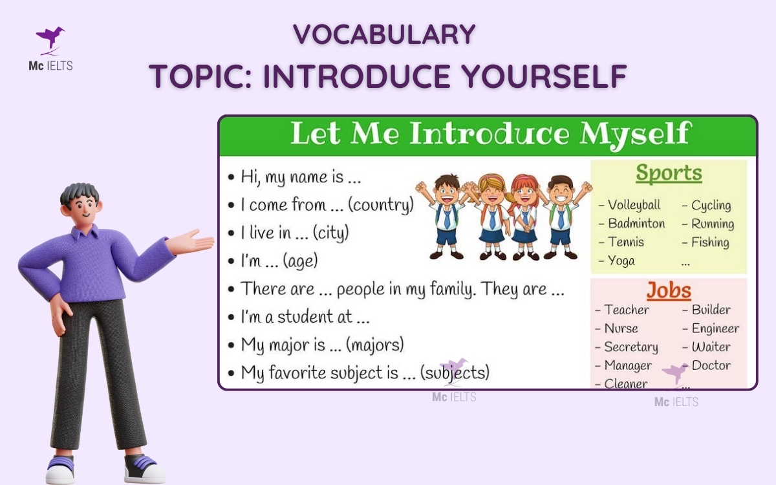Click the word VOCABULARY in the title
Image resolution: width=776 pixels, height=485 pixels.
pos(384,35)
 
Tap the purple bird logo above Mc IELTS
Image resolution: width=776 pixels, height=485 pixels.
pos(50,39)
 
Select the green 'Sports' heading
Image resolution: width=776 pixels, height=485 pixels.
pos(669,173)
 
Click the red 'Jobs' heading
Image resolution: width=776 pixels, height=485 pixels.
pos(669,291)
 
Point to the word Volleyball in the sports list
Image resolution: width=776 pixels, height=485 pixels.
pos(634,205)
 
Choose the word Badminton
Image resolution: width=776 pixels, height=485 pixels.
pos(636,224)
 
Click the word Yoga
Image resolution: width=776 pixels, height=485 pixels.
pos(621,261)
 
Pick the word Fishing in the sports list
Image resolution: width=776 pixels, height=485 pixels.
pos(710,242)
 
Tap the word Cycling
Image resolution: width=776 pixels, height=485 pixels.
pos(711,206)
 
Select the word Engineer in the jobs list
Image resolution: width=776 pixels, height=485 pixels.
pos(715,329)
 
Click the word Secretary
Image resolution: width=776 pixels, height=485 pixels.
pos(630,347)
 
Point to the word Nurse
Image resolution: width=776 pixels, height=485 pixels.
pos(621,329)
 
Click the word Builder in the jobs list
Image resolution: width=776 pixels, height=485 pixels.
pos(711,310)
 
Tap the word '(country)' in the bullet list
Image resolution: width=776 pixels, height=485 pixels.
pos(381,206)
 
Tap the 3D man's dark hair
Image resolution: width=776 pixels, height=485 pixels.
pos(80,193)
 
